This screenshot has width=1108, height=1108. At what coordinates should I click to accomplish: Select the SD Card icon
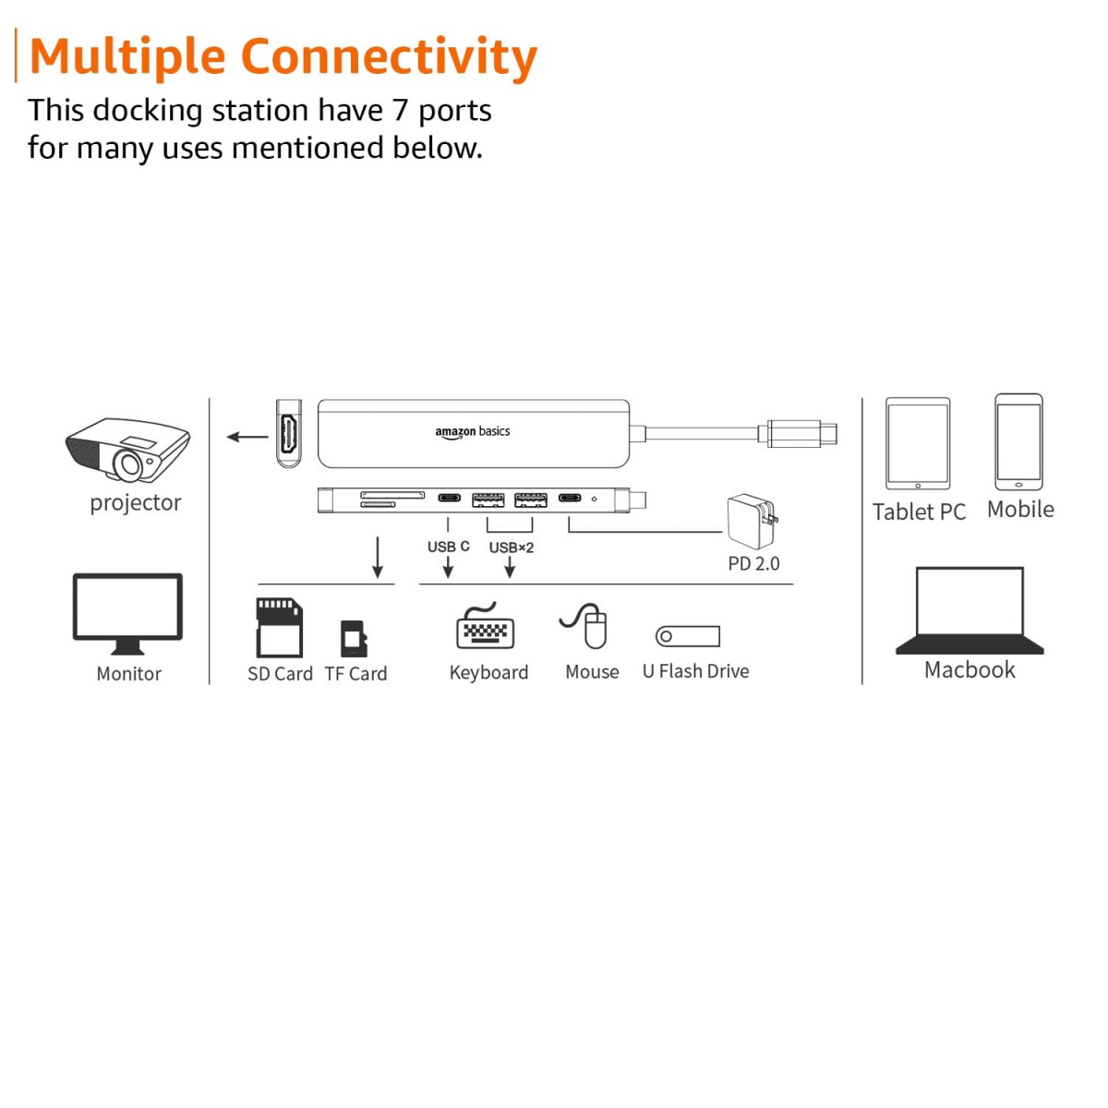click(x=279, y=628)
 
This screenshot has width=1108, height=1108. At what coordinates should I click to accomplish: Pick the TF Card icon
click(x=354, y=638)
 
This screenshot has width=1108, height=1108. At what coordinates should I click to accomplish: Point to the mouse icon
click(x=588, y=626)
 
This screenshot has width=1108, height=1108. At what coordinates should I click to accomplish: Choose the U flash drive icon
click(x=687, y=636)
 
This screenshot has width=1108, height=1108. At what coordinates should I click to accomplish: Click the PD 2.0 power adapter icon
click(x=752, y=522)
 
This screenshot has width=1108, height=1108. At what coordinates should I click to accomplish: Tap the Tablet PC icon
click(x=917, y=444)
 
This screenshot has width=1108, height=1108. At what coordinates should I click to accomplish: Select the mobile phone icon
click(x=1018, y=442)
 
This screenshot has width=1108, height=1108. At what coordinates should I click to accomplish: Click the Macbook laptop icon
click(x=969, y=611)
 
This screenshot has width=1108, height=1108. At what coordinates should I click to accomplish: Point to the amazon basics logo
click(x=472, y=431)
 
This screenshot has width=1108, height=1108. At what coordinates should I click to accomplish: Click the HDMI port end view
click(x=289, y=434)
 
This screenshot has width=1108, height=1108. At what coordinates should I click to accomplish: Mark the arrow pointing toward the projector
click(x=247, y=437)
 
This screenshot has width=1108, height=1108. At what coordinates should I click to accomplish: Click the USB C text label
click(x=448, y=547)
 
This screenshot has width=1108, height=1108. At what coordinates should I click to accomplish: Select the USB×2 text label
click(x=511, y=548)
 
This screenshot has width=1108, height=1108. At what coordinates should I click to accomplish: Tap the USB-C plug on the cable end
click(x=800, y=432)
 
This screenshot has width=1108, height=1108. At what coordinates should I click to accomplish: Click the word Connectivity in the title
click(x=389, y=56)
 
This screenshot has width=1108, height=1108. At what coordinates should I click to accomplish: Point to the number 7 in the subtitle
click(x=399, y=111)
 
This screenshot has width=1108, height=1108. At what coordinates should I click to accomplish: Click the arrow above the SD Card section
click(x=377, y=557)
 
